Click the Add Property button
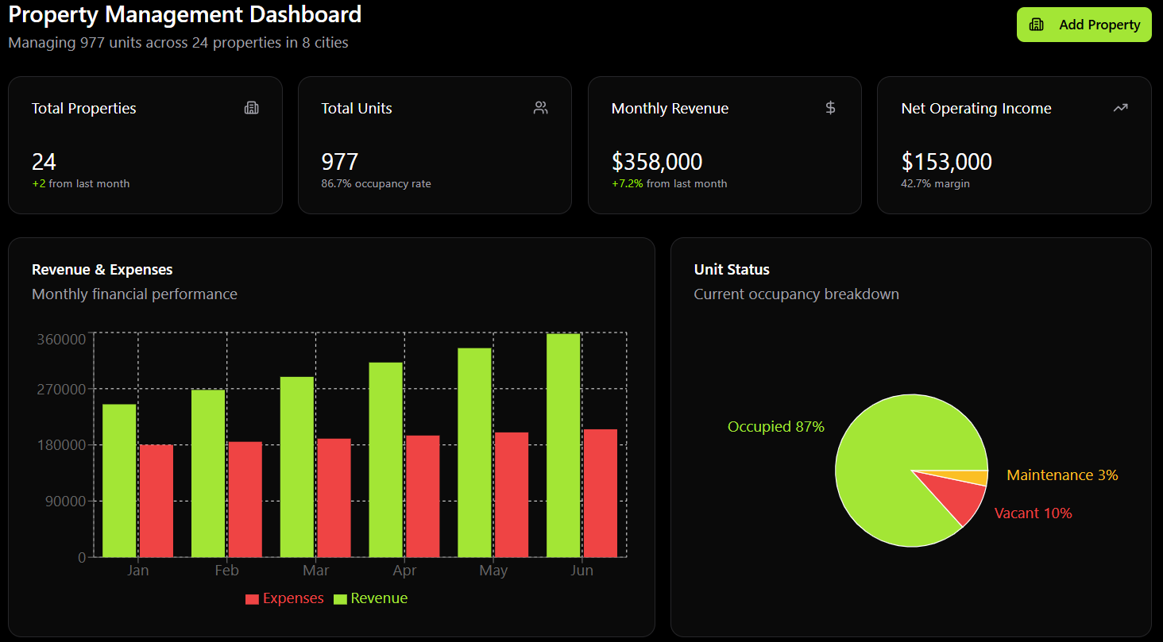coord(1084,25)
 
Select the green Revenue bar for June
coord(563,445)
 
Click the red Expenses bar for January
coord(156,501)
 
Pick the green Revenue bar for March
coord(297,467)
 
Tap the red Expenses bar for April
coord(423,496)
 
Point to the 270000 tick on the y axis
coord(61,390)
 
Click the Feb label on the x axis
coord(226,571)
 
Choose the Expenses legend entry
coord(284,598)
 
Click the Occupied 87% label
coord(775,427)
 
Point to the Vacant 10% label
coord(1033,513)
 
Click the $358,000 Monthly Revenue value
coord(657,162)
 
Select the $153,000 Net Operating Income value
coord(946,162)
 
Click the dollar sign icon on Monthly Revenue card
coord(830,108)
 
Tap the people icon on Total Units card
coord(541,108)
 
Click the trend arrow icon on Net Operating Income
coord(1120,108)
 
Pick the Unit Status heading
coord(732,270)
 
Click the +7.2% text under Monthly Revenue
coord(627,183)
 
